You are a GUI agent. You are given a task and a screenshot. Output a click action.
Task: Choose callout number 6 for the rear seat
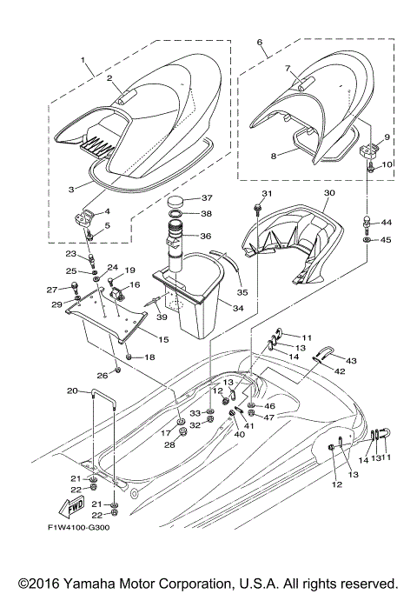coord(261,41)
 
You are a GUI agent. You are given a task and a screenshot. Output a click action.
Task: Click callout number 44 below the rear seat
coord(387,224)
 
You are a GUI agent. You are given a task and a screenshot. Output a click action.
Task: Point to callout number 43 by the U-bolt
coord(351,360)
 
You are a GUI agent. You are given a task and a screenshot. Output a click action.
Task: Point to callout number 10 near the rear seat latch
coord(387,164)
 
